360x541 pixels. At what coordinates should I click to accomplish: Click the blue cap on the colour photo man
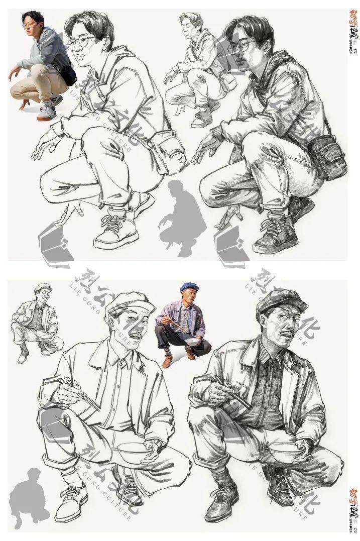point(189,287)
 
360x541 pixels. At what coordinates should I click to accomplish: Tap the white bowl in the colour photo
point(192,342)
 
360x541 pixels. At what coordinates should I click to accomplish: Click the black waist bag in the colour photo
point(68,75)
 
